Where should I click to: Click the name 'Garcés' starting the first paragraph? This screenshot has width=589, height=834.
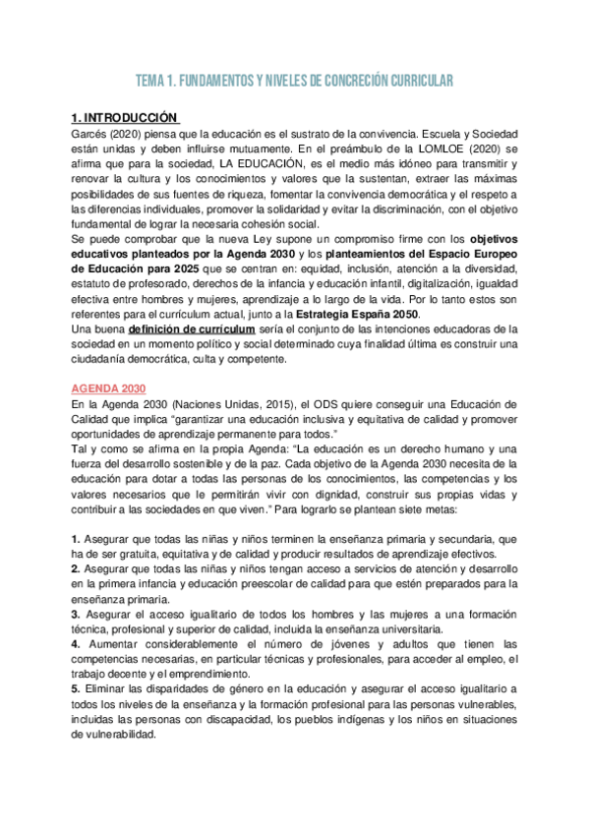[91, 132]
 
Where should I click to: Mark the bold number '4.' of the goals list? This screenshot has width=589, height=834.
[76, 644]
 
